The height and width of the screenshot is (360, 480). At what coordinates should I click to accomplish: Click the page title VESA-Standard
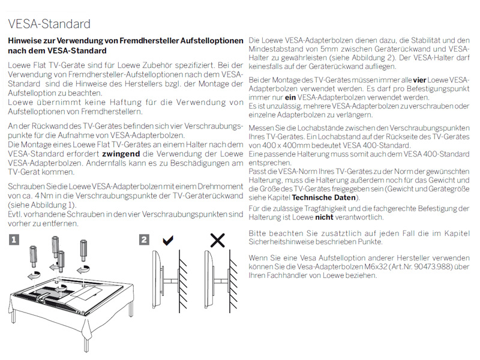click(49, 24)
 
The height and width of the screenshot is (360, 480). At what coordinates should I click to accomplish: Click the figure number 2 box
click(144, 240)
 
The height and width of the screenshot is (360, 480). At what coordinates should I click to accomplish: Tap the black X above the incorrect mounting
click(217, 241)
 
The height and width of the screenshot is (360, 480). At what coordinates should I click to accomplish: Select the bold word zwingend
click(129, 154)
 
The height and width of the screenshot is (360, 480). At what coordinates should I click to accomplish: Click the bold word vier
click(419, 80)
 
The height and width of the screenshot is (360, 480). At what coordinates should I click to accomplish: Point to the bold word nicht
click(325, 217)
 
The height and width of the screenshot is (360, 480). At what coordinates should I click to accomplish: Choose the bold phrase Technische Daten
click(324, 197)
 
